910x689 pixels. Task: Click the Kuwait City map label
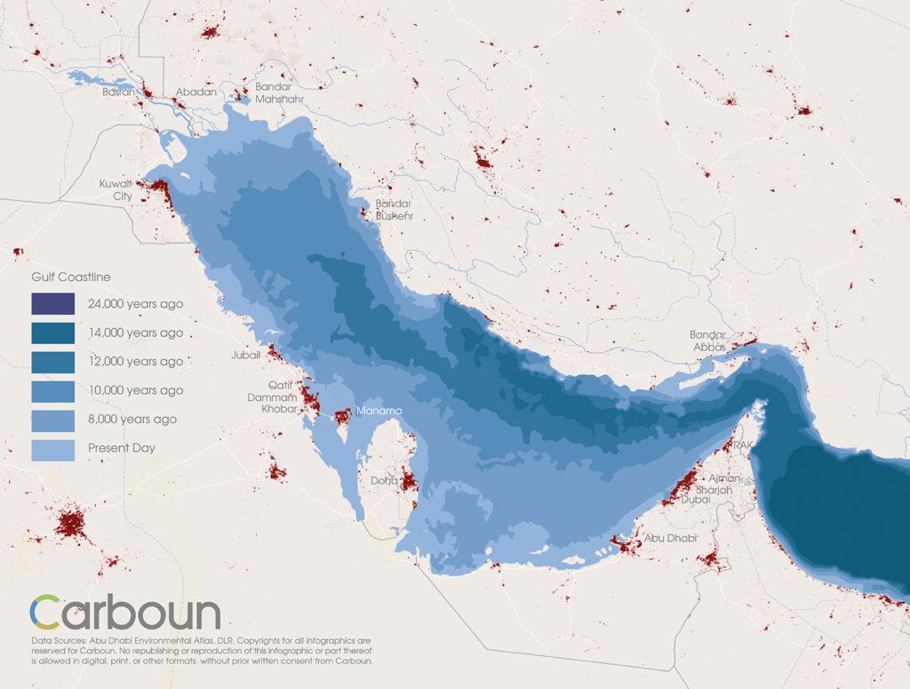pos(116,189)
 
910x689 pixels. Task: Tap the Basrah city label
pos(119,92)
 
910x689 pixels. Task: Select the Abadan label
pos(196,92)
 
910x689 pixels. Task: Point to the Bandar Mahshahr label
pos(280,92)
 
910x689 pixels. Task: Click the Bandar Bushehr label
pos(394,210)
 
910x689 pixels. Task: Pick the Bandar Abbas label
pos(708,340)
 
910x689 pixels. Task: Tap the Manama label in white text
pos(379,412)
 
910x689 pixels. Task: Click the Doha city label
pos(384,481)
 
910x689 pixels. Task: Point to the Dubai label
pos(696,500)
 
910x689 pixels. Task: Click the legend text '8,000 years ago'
pos(132,419)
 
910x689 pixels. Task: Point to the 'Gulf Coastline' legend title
pos(71,277)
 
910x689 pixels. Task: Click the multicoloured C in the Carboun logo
pos(47,613)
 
